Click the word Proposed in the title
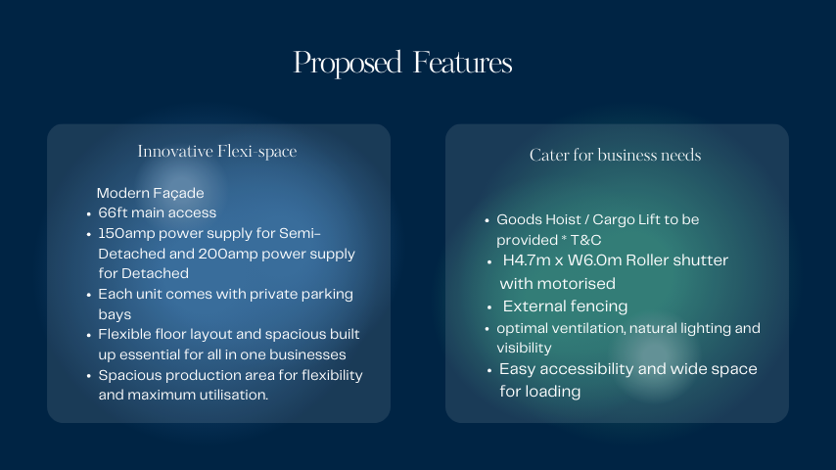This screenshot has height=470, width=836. pos(348,64)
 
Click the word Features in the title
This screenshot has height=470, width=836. pos(462,62)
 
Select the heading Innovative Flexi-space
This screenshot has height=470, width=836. pos(217,152)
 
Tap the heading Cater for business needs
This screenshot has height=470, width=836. pos(616,155)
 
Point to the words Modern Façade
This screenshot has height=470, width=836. pos(151,193)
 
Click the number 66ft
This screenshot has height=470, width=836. pos(113,212)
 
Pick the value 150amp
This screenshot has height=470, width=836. pos(126,234)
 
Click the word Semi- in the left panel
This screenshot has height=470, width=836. pos(300,233)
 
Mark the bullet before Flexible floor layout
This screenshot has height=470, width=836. pos(88,336)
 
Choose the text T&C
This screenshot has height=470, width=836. pos(586,240)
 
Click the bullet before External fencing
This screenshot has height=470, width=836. pos(489,307)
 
